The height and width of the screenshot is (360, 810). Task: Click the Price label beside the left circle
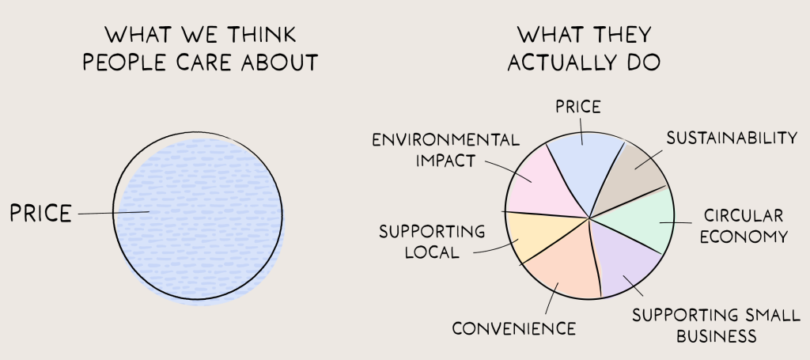pyautogui.click(x=40, y=213)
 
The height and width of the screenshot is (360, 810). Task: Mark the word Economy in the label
pyautogui.click(x=744, y=237)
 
